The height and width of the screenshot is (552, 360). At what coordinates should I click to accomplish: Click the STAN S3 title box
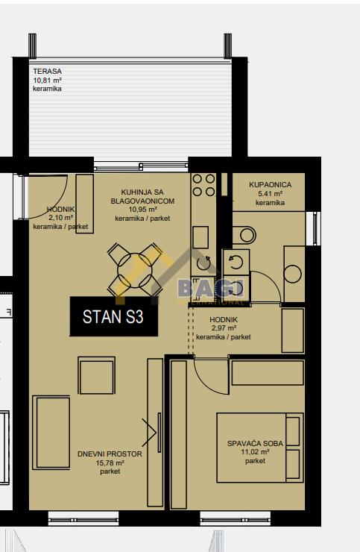click(x=114, y=316)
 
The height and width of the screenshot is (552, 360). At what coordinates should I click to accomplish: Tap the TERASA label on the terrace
click(x=47, y=71)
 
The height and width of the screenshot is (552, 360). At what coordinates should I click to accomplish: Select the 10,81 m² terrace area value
click(x=47, y=80)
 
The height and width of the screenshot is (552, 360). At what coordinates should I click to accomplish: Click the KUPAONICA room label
click(x=271, y=184)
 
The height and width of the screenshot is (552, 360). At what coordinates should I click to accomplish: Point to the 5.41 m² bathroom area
click(x=271, y=194)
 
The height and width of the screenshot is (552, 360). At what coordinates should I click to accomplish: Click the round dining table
click(x=135, y=270)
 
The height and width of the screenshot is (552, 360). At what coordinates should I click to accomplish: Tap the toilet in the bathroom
click(x=244, y=235)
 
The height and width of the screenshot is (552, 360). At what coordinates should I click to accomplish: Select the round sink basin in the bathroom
click(x=292, y=274)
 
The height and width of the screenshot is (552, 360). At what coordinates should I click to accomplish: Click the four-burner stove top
click(x=203, y=185)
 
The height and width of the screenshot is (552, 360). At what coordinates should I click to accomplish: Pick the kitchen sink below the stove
click(x=200, y=237)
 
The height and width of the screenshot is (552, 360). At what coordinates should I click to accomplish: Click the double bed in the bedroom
click(x=260, y=448)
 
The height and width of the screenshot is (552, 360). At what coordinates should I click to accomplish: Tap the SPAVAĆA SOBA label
click(x=255, y=444)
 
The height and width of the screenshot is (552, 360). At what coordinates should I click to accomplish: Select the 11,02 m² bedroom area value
click(x=255, y=452)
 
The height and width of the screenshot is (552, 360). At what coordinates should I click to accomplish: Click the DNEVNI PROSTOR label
click(x=110, y=454)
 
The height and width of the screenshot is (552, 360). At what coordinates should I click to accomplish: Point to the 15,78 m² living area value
click(x=110, y=463)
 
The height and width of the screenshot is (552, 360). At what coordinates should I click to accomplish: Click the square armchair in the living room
click(x=97, y=376)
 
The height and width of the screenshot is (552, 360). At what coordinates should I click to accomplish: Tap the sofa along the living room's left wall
click(x=51, y=433)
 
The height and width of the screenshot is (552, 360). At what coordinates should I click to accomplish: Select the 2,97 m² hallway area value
click(x=224, y=328)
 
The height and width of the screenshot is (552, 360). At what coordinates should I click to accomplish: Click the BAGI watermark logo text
click(x=210, y=289)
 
